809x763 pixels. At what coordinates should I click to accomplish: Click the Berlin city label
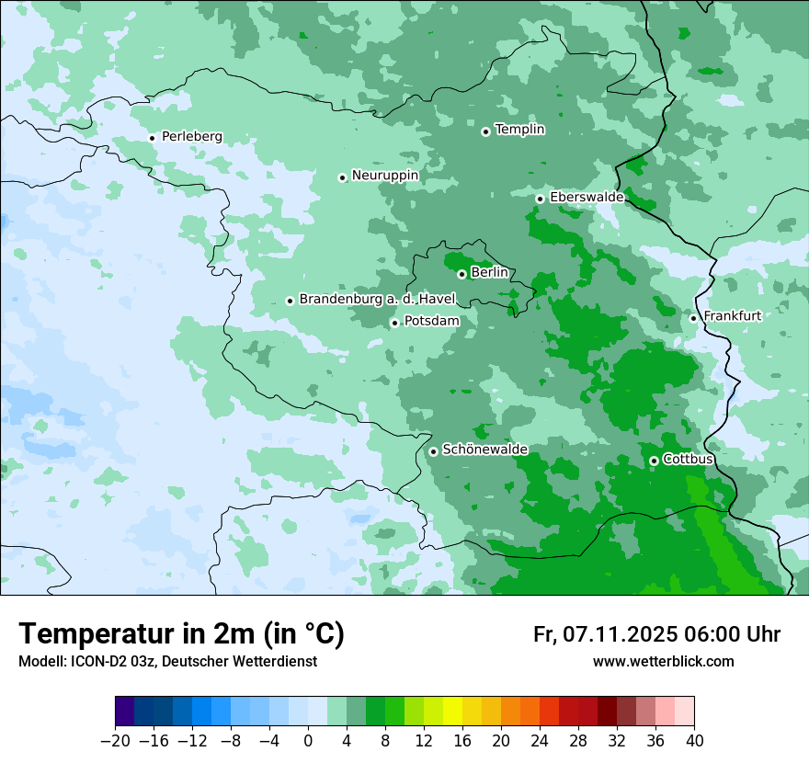(489, 273)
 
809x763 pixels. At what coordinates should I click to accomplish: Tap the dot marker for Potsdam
(394, 323)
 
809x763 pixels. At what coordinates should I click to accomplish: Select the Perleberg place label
(191, 137)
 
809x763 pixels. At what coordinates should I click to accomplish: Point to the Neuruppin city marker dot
(342, 177)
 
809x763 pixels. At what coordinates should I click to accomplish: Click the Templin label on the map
(519, 130)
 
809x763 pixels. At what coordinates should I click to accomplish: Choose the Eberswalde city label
(587, 198)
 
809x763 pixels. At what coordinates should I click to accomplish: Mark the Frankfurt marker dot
(693, 318)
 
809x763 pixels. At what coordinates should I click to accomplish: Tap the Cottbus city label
(688, 459)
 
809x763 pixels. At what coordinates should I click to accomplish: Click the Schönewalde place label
(484, 450)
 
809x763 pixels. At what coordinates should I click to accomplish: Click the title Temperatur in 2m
(181, 634)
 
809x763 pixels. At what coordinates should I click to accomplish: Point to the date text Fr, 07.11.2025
(605, 634)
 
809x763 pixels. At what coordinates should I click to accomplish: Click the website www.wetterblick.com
(663, 661)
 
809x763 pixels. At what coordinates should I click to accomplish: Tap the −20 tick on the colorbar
(115, 741)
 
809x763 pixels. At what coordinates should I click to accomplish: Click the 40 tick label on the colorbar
(694, 741)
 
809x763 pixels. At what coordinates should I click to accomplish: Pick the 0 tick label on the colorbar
(308, 741)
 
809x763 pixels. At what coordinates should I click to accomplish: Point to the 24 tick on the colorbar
(540, 741)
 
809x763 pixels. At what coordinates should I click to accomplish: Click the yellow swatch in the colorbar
(452, 712)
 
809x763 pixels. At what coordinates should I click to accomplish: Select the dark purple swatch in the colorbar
(124, 712)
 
